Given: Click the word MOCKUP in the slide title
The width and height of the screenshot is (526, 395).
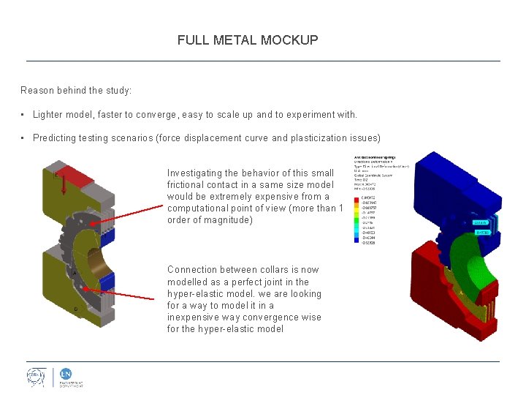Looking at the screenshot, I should coord(291,40).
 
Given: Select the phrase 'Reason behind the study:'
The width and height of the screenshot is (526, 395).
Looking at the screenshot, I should coord(76,91).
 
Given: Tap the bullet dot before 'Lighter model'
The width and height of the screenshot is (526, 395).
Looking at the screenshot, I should coord(24,115).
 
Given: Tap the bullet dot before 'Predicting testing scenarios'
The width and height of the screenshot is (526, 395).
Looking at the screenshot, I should coord(24,138).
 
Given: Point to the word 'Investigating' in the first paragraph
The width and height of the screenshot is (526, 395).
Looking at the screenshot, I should coord(193,173).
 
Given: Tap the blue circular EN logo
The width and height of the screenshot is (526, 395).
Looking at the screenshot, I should coord(65,373).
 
